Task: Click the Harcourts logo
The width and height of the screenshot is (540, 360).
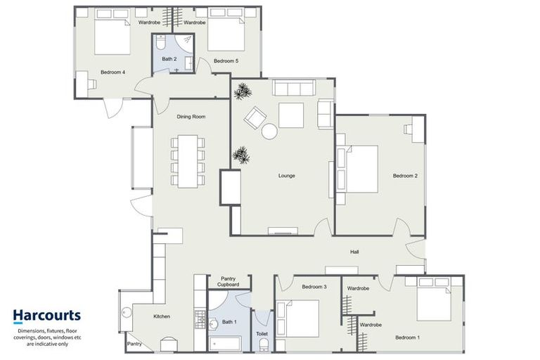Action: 46,316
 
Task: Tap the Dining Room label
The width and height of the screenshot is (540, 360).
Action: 191,117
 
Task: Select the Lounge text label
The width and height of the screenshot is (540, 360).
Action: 286,175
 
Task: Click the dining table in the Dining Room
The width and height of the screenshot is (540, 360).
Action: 188,161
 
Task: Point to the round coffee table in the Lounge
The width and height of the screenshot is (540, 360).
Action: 270,131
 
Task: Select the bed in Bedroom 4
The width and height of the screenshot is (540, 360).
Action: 112,37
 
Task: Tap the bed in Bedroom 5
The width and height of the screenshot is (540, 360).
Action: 226,34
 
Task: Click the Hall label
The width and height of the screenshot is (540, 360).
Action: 356,252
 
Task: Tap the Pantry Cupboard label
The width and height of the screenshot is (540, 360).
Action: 228,282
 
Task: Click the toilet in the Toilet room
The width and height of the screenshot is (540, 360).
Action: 264,345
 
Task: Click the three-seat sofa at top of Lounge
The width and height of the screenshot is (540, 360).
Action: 294,89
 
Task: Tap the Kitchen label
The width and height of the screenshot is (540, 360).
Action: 162,316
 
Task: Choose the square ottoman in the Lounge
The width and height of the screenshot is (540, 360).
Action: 290,115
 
